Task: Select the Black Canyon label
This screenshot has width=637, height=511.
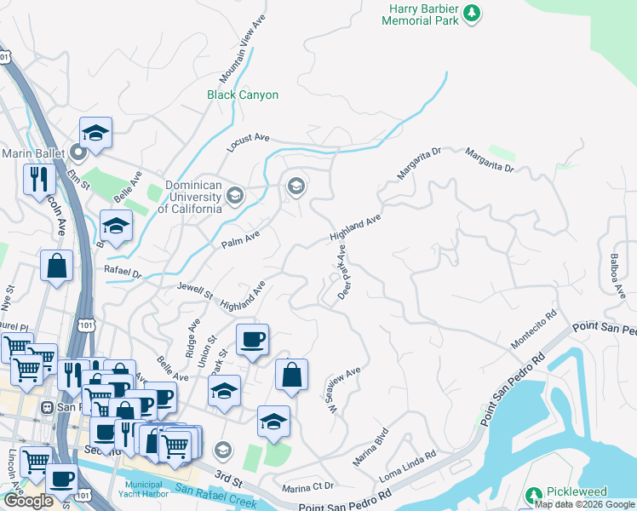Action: click(x=243, y=95)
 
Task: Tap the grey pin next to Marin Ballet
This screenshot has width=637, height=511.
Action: click(x=79, y=153)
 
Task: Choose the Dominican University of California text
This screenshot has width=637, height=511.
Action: click(x=181, y=197)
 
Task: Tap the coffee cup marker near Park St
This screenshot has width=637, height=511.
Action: click(x=252, y=340)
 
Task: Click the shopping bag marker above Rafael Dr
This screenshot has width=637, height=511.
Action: click(x=56, y=265)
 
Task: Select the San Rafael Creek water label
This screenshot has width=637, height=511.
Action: click(x=215, y=497)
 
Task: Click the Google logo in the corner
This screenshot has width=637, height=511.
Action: click(x=28, y=501)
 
